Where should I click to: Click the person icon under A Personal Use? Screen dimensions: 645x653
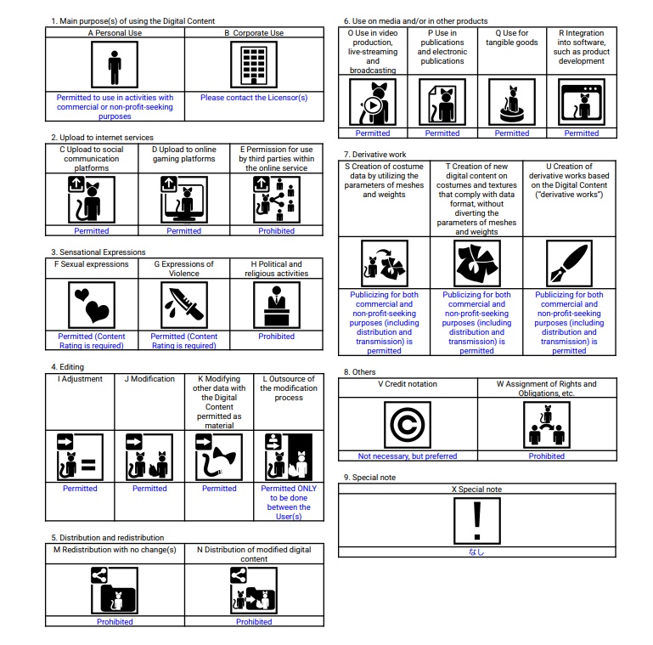(x=115, y=66)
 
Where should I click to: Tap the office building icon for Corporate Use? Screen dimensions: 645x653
(x=254, y=66)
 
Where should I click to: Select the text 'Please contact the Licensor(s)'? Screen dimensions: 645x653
(x=254, y=98)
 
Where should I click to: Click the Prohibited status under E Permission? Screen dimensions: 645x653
(x=277, y=231)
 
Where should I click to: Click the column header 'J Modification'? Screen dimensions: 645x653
(x=149, y=379)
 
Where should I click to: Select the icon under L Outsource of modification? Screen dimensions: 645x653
(x=289, y=456)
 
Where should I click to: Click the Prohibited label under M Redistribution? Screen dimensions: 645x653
(x=115, y=622)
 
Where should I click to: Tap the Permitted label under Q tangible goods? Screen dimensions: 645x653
(x=512, y=133)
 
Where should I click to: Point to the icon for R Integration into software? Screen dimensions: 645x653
(x=582, y=103)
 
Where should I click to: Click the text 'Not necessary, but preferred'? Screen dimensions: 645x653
(x=408, y=456)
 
